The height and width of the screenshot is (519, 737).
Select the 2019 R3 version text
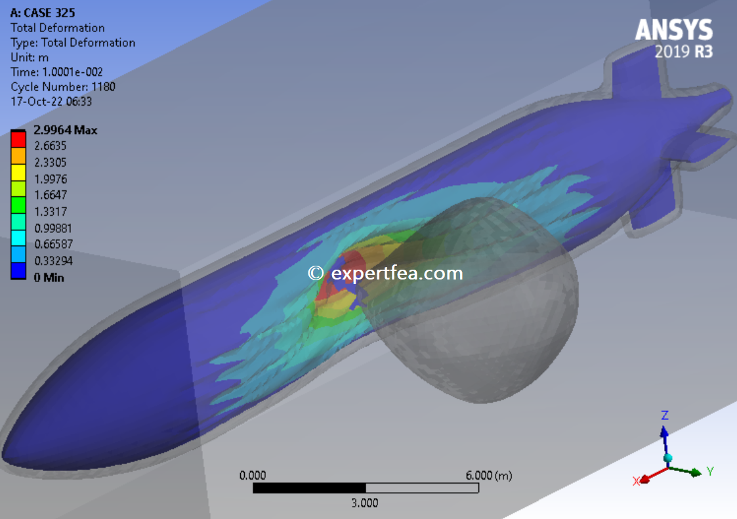(683, 52)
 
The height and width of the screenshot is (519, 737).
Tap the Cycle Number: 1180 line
(63, 87)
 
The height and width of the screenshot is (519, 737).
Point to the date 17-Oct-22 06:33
(51, 101)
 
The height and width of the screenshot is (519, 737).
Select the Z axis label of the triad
(665, 415)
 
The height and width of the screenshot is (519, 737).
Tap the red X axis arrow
(646, 478)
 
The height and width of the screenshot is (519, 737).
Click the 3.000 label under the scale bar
(365, 503)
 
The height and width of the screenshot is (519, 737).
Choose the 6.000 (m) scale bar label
(488, 475)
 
